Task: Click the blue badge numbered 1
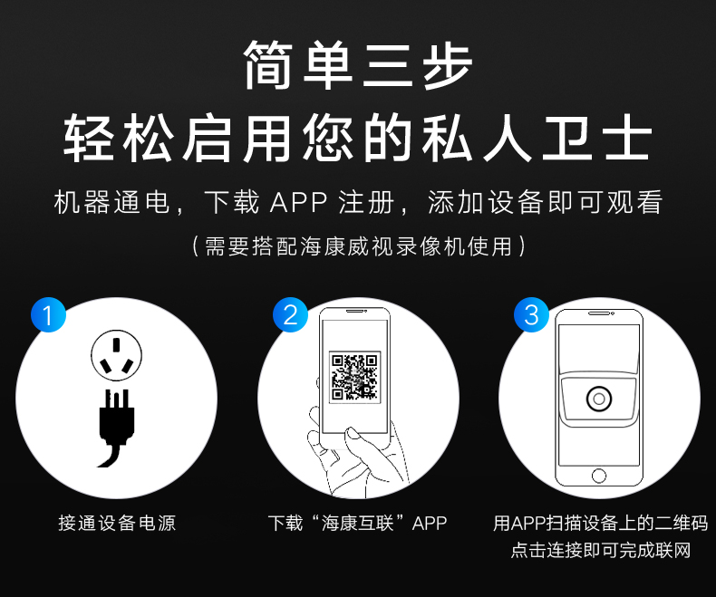(x=48, y=315)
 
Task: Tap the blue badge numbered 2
(x=290, y=315)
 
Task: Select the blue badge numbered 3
(x=531, y=315)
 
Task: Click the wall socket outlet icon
(x=116, y=355)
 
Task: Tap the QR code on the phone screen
(x=354, y=377)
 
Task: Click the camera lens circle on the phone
(x=599, y=399)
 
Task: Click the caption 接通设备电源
(x=117, y=523)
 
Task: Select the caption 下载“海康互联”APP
(x=357, y=523)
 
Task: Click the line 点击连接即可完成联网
(x=601, y=550)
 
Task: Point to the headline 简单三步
(x=358, y=65)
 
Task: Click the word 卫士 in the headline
(x=595, y=138)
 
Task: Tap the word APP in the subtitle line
(x=299, y=202)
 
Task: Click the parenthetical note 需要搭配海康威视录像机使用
(x=359, y=246)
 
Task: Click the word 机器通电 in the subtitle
(x=111, y=202)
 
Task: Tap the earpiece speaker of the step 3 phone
(x=599, y=313)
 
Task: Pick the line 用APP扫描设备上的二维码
(x=601, y=523)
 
